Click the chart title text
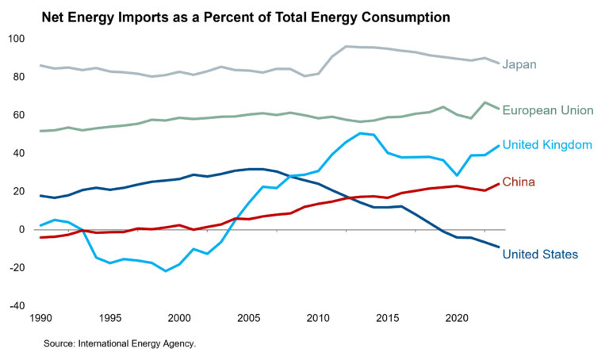click(246, 16)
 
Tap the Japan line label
click(519, 64)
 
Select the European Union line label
click(548, 110)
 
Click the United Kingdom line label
click(548, 145)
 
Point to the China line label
click(519, 182)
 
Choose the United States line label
click(541, 255)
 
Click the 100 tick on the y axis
click(17, 39)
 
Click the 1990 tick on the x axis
click(40, 317)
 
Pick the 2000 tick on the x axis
click(180, 317)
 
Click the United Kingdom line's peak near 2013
click(360, 133)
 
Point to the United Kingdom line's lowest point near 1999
click(166, 271)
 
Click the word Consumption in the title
click(404, 16)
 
